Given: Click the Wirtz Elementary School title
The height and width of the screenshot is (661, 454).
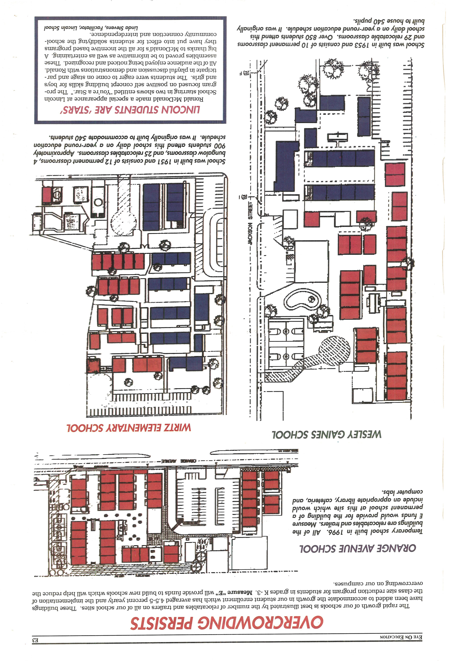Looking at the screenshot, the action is click(129, 428).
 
